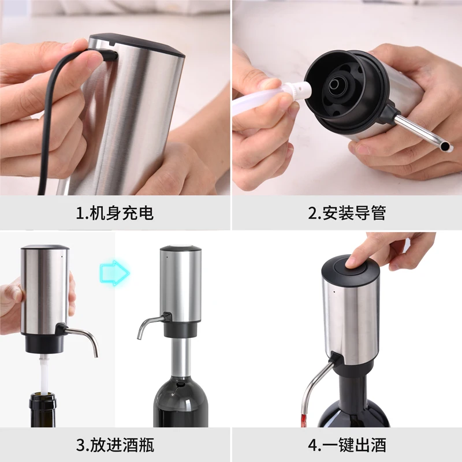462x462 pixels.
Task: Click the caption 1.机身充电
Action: coord(115,213)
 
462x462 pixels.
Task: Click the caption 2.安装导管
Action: coord(346,213)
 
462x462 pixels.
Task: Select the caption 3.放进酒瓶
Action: coord(115,445)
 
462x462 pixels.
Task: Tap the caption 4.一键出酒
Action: coord(346,445)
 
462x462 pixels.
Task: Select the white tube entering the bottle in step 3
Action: coord(43,372)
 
